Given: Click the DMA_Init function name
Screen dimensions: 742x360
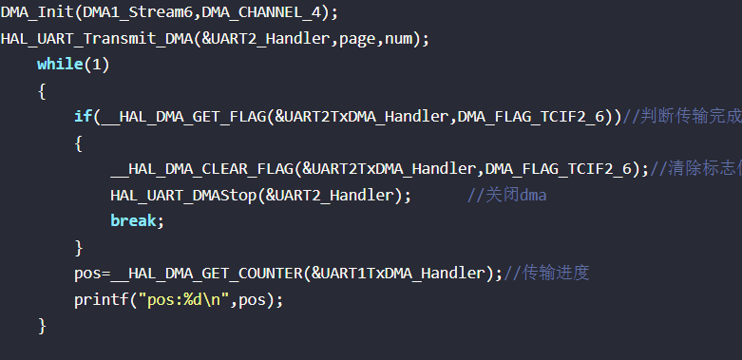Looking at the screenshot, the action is click(37, 12).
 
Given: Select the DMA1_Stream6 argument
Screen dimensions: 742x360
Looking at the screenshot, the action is click(138, 12).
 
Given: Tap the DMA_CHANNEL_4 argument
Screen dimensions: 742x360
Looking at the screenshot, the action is click(261, 12).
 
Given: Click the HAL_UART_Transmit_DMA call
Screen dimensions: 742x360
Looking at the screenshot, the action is click(97, 38).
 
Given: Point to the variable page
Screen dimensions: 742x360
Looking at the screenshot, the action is click(357, 39).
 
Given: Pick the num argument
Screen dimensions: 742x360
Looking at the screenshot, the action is click(398, 39).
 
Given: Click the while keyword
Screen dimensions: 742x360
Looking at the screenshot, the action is click(60, 64).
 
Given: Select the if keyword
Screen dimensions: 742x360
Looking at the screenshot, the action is click(83, 116).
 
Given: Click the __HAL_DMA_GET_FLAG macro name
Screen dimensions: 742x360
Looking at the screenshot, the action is click(184, 117).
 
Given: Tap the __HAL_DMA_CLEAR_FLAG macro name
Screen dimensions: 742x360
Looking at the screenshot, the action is click(202, 169).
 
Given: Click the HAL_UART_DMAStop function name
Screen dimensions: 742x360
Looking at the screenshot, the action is click(183, 195).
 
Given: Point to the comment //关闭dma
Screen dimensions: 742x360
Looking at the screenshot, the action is click(506, 195).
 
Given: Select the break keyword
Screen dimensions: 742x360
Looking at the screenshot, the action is click(133, 220).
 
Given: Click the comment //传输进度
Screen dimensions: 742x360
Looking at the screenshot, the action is click(546, 273).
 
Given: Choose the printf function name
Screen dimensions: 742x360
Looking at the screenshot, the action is click(102, 299).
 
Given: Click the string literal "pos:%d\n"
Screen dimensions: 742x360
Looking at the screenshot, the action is click(184, 299).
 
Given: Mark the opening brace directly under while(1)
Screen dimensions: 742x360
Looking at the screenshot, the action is click(42, 91).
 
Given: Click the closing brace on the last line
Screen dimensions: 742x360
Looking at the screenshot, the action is click(42, 326).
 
